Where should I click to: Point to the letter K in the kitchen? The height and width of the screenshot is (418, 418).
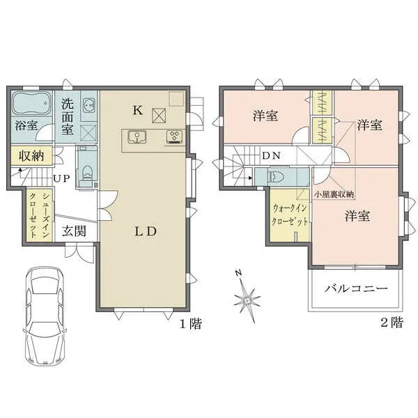click(137, 110)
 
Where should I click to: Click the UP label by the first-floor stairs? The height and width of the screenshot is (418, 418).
click(62, 178)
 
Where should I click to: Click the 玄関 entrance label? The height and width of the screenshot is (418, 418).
click(73, 231)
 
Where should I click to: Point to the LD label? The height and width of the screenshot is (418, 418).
click(144, 231)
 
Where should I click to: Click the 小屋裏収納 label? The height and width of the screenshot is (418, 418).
click(334, 194)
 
